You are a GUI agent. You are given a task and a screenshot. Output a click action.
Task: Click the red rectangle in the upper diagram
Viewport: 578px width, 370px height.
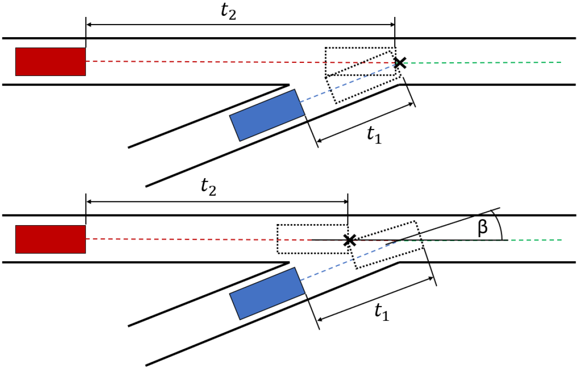(50, 61)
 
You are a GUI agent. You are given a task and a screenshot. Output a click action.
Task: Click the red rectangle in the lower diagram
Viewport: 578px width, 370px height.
(50, 239)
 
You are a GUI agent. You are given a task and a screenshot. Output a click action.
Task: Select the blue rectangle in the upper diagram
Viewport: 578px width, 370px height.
(267, 115)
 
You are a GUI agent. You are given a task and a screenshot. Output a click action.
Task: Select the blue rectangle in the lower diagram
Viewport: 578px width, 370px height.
(267, 293)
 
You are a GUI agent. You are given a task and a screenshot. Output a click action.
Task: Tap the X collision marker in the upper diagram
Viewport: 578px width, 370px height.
(400, 62)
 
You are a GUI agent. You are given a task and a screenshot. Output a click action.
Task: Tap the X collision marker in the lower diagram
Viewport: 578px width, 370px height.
(348, 240)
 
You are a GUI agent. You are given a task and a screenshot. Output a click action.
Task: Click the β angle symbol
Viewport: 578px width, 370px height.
(482, 228)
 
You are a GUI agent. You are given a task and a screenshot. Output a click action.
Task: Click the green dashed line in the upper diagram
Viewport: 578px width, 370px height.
(483, 62)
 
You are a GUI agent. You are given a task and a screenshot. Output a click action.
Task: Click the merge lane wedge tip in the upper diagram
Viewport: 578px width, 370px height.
(288, 86)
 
